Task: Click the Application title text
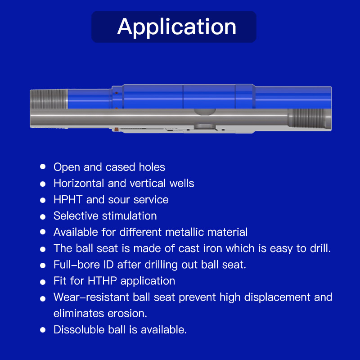[x=176, y=27]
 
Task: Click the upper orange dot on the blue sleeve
[x=117, y=93]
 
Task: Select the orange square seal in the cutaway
[x=116, y=129]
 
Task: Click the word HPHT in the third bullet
[x=68, y=199]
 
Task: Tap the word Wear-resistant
[x=91, y=297]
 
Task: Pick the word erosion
[x=127, y=313]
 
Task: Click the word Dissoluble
[x=79, y=330]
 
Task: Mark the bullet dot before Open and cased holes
[x=43, y=166]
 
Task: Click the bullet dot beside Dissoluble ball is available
[x=43, y=330]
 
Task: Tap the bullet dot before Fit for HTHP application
[x=43, y=282]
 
